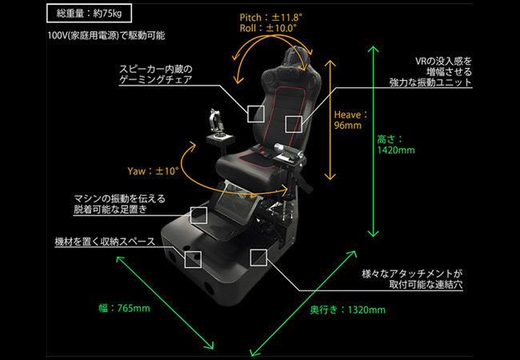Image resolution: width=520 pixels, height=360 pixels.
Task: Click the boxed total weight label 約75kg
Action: click(89, 13)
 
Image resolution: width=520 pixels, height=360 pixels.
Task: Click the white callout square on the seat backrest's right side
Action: click(294, 123)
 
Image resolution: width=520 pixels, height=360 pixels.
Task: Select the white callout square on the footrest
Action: click(200, 214)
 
